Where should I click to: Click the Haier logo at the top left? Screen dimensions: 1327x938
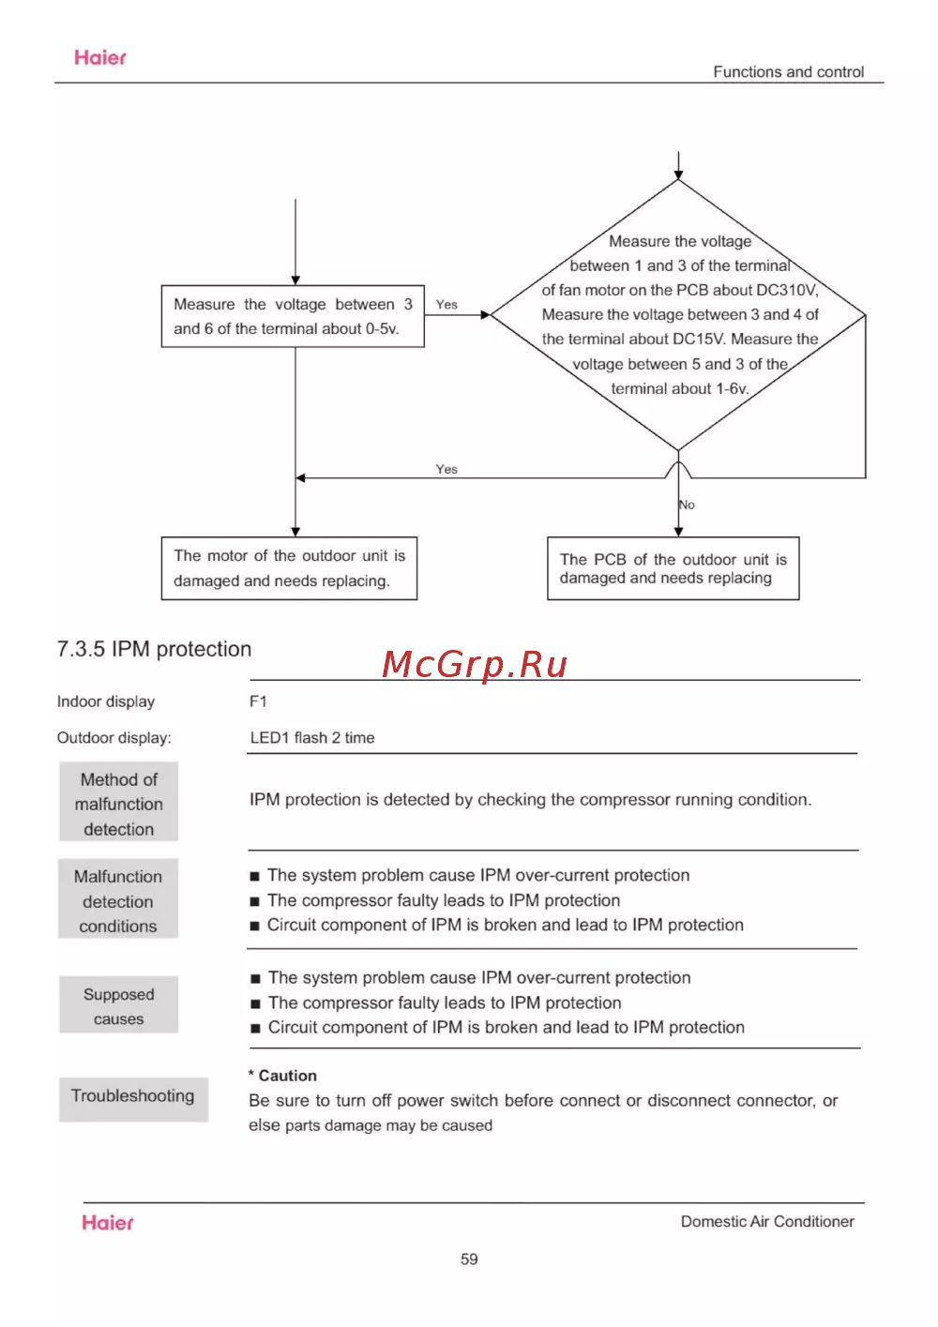[100, 58]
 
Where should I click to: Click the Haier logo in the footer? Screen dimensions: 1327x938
[108, 1223]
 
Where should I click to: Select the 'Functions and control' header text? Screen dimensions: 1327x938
[788, 72]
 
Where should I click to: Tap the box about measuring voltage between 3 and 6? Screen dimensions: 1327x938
[293, 317]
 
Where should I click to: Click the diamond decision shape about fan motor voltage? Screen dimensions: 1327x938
[678, 315]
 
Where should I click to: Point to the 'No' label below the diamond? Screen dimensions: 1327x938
[688, 505]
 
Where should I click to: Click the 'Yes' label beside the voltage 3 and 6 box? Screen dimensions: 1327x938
[446, 305]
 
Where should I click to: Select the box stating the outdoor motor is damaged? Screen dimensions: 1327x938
[289, 568]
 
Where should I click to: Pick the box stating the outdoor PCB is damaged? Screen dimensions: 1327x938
[673, 568]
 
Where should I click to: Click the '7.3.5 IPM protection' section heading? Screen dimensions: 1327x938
[154, 649]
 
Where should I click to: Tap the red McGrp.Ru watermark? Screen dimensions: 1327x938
[475, 665]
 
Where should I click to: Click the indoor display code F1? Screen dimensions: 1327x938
[258, 701]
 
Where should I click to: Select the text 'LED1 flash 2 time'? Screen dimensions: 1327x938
[312, 738]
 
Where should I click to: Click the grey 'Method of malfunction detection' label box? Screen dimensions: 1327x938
[119, 804]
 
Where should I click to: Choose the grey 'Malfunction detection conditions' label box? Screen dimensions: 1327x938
[118, 901]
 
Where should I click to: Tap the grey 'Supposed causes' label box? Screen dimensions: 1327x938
[119, 1006]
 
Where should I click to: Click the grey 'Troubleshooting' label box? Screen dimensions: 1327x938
[133, 1097]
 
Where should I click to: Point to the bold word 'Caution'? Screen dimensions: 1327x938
[287, 1076]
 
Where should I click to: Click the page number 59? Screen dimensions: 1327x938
[469, 1259]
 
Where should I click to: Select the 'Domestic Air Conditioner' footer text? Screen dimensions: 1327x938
[767, 1222]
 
